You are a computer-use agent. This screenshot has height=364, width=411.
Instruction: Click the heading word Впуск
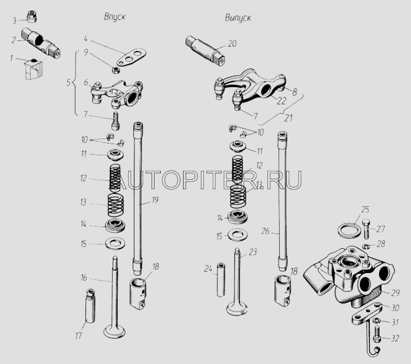pyautogui.click(x=115, y=16)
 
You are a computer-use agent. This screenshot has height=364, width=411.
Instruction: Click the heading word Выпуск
pyautogui.click(x=238, y=18)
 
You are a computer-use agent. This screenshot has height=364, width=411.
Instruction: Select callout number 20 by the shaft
pyautogui.click(x=232, y=43)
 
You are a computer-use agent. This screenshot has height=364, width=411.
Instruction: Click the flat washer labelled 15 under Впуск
pyautogui.click(x=115, y=244)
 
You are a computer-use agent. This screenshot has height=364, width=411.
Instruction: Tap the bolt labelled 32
pyautogui.click(x=378, y=339)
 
